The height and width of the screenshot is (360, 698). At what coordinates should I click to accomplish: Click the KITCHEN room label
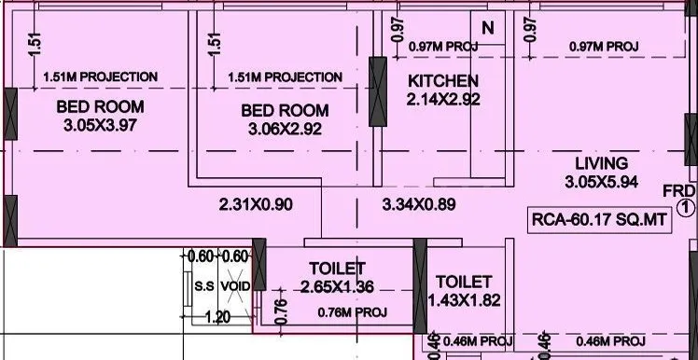pyautogui.click(x=443, y=81)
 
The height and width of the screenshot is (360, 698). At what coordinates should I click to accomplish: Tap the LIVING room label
pyautogui.click(x=602, y=162)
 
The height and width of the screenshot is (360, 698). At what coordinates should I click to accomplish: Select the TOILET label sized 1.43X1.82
pyautogui.click(x=464, y=281)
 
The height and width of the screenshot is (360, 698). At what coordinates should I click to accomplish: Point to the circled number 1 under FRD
pyautogui.click(x=684, y=209)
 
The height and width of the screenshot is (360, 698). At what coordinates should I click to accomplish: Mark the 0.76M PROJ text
pyautogui.click(x=352, y=312)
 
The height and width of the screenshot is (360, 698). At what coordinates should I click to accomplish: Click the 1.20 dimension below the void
pyautogui.click(x=217, y=317)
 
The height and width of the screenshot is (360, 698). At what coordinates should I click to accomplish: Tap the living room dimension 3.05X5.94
pyautogui.click(x=602, y=182)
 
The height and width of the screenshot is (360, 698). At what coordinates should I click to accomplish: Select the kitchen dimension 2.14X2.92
pyautogui.click(x=443, y=99)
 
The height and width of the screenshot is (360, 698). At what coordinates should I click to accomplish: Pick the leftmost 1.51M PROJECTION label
pyautogui.click(x=100, y=76)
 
